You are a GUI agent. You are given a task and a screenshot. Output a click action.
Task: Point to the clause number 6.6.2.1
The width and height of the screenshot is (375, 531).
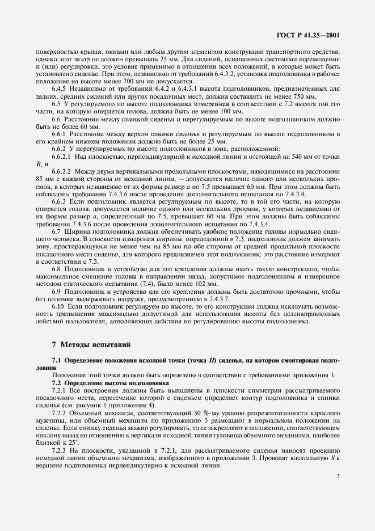63,155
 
